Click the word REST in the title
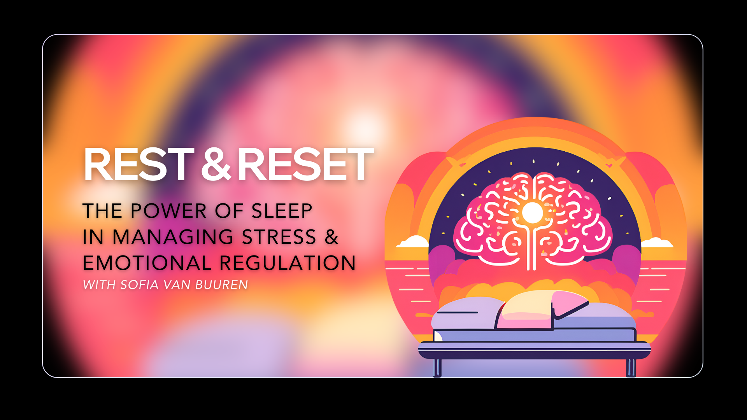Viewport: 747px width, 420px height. click(x=139, y=165)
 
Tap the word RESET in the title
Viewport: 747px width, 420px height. click(x=305, y=165)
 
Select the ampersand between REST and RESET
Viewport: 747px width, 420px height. click(x=216, y=165)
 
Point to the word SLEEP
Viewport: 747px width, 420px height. click(x=282, y=211)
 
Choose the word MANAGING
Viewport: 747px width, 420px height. click(x=173, y=237)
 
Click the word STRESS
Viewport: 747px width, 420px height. click(x=279, y=237)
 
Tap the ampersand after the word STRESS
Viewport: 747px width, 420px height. click(x=331, y=237)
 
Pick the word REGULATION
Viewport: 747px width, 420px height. click(x=288, y=263)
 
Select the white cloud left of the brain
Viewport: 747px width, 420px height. click(x=413, y=242)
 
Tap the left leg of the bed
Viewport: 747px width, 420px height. click(x=437, y=367)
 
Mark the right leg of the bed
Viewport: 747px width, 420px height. click(x=631, y=367)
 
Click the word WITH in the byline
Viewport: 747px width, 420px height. click(x=99, y=285)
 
